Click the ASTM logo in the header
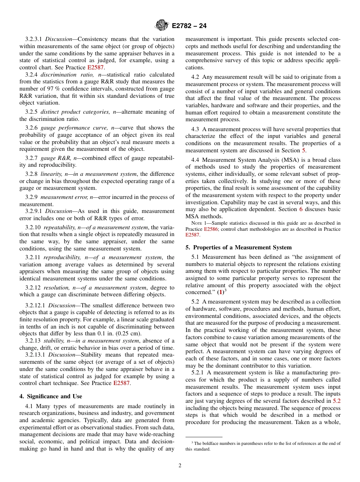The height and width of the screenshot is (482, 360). click(162, 26)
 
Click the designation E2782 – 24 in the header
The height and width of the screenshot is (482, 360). click(189, 26)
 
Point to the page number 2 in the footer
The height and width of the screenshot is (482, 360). click(180, 466)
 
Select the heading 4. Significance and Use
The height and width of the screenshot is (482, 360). click(51, 396)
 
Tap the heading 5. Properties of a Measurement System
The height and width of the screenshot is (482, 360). click(238, 247)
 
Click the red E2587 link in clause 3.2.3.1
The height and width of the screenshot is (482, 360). click(95, 67)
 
